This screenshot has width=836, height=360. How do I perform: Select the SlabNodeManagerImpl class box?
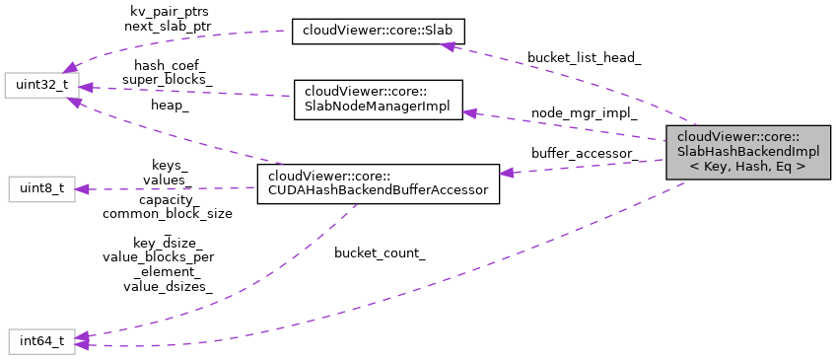pos(378,101)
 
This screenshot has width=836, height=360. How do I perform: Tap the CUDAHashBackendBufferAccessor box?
pos(378,183)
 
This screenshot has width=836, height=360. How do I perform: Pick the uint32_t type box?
pos(39,85)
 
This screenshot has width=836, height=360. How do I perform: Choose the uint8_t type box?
pos(41,189)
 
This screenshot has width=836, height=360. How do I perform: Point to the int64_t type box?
pos(41,342)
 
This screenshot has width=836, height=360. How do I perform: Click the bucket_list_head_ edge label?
pos(584,58)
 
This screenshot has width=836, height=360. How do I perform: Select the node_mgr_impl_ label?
pos(584,112)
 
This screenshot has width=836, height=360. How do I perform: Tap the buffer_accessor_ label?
pos(584,153)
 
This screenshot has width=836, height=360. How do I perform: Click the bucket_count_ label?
pos(380,253)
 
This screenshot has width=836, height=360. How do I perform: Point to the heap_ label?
pos(170,105)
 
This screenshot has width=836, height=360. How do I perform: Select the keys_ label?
pos(169,166)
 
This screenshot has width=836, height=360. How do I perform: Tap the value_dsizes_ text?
pos(168,286)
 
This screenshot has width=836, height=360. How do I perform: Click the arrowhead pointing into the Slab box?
pos(448,44)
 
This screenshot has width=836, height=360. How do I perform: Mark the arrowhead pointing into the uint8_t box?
pos(84,189)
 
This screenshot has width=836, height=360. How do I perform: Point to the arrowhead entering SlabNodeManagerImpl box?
pos(470,114)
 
